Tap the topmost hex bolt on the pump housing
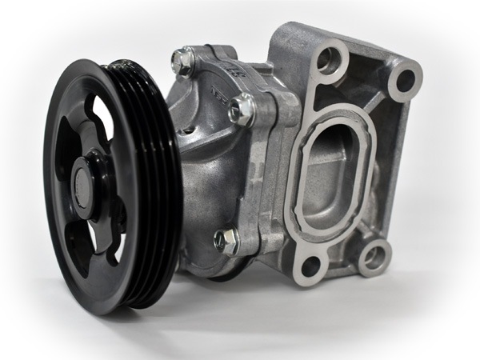(183, 61)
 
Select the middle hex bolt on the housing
(242, 109)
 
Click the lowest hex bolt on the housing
(226, 239)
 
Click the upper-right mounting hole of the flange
(404, 80)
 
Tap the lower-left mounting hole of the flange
(311, 263)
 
